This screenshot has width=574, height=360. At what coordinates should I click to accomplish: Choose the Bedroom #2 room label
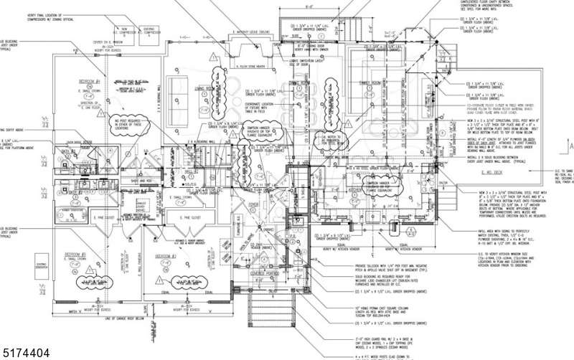(167, 255)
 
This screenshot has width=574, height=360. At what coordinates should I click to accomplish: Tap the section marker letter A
(570, 146)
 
